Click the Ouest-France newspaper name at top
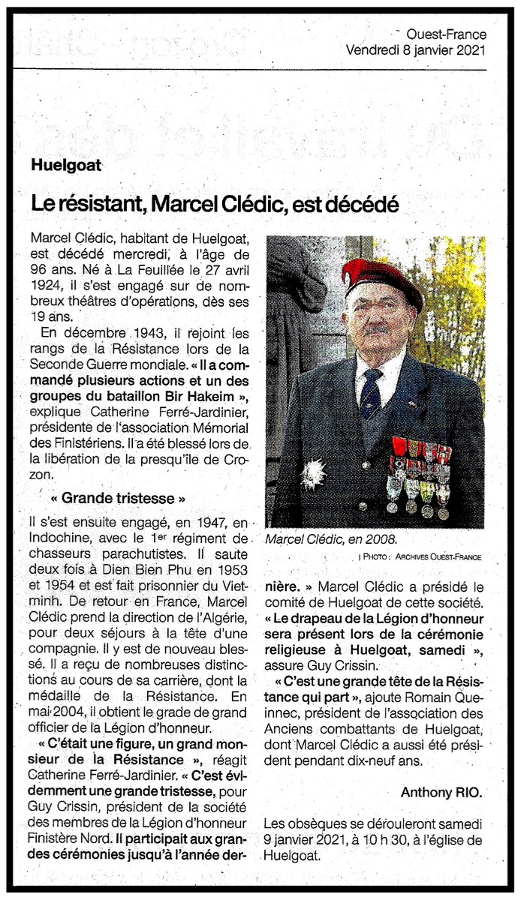tap(446, 34)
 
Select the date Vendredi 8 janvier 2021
tap(416, 49)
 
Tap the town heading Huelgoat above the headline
tap(66, 165)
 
